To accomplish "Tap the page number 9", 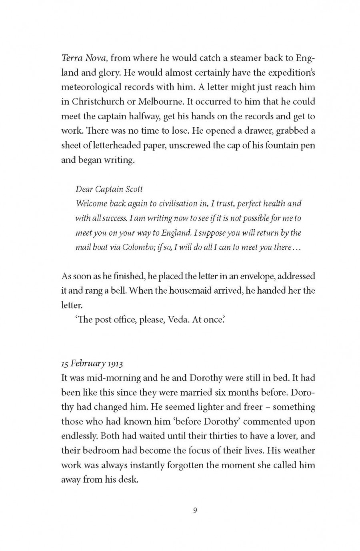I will click(x=195, y=510).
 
